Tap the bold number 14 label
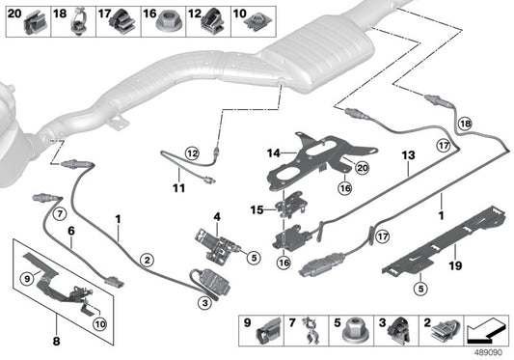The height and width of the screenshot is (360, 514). (273, 152)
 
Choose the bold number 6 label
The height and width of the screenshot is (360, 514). (69, 232)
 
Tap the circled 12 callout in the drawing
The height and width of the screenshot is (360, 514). (192, 152)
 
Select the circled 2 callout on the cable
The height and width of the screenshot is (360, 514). (147, 259)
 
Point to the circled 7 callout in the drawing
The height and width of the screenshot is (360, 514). (58, 212)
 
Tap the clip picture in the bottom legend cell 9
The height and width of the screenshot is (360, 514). (266, 333)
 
